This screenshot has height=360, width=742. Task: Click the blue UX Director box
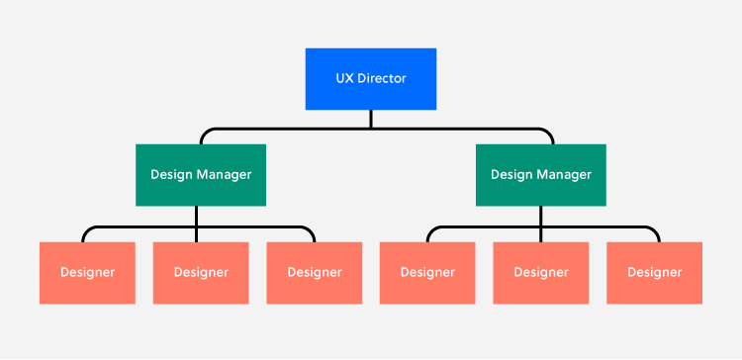click(x=371, y=78)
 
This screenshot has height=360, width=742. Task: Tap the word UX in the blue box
click(x=342, y=78)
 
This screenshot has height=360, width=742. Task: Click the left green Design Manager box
click(x=201, y=175)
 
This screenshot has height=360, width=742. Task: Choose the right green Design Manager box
click(x=541, y=175)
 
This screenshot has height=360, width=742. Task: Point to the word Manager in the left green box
click(x=224, y=175)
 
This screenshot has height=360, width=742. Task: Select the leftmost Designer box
click(x=87, y=272)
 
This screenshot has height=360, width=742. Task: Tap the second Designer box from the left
click(x=201, y=272)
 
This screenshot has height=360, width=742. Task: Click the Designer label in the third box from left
click(x=315, y=272)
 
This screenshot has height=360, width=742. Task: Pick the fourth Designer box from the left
click(x=427, y=272)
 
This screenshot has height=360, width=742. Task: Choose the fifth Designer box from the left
click(x=541, y=272)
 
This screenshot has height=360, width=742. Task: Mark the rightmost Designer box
click(x=654, y=272)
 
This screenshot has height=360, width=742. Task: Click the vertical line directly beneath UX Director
click(x=371, y=118)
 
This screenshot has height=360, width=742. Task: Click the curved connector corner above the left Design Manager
click(x=205, y=133)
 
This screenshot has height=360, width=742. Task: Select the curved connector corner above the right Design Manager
click(x=549, y=133)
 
